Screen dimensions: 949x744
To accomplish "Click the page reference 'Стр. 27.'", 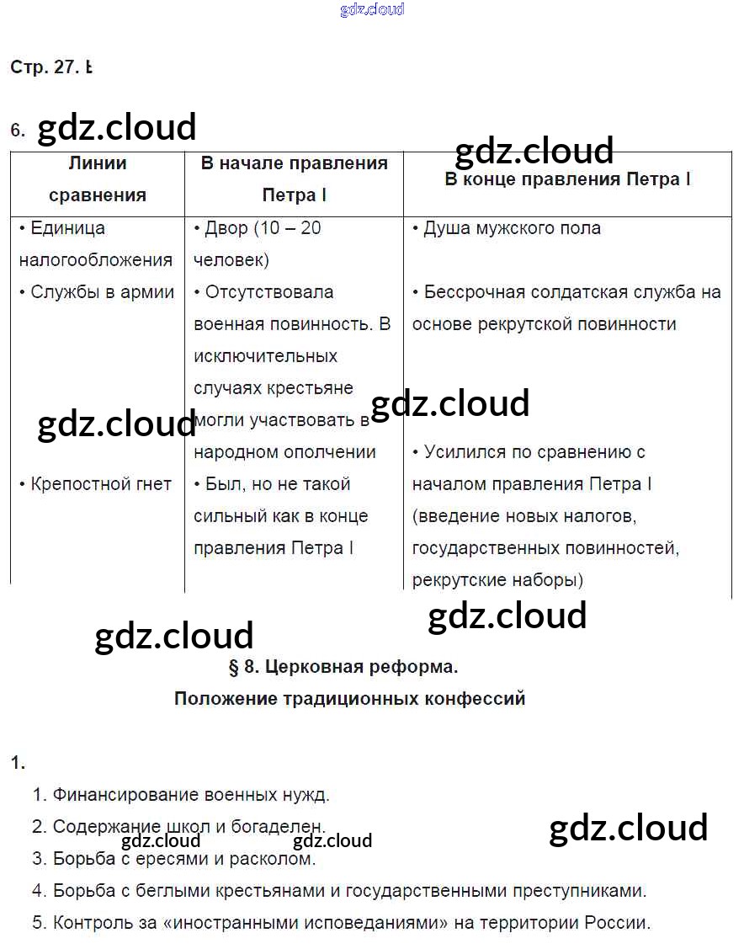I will click(x=43, y=68).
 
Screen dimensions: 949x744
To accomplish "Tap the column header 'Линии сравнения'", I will click(x=98, y=179).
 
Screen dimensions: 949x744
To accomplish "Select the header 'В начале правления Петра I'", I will click(x=294, y=179).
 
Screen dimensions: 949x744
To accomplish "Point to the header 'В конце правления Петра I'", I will click(x=567, y=179).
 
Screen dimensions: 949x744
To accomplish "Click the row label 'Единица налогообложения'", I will click(x=95, y=244).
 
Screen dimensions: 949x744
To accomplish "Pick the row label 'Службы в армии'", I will click(x=97, y=292).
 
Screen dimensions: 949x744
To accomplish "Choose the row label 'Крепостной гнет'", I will click(x=95, y=484).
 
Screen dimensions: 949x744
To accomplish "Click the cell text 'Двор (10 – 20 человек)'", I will click(x=258, y=244).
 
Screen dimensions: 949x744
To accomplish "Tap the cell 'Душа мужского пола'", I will click(x=507, y=228).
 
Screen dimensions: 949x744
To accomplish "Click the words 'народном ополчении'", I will click(x=284, y=452).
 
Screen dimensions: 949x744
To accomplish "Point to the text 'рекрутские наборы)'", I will click(x=497, y=580).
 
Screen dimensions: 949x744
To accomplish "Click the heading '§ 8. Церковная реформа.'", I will click(x=343, y=667).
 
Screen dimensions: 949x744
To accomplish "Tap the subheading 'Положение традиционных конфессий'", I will click(x=349, y=699).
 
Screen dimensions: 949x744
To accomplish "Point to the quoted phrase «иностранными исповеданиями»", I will click(x=306, y=923).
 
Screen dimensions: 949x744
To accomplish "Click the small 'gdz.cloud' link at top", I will click(x=372, y=10).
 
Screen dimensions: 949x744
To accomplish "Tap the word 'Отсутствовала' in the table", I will click(x=263, y=292).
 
